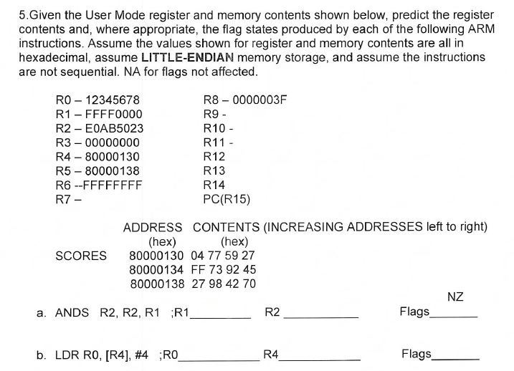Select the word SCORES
(81, 256)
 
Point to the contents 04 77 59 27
(224, 256)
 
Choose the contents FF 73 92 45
(224, 269)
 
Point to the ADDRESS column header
(153, 228)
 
